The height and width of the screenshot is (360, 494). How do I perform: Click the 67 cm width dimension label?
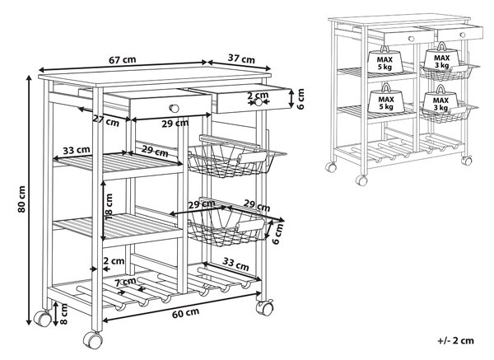point(123,59)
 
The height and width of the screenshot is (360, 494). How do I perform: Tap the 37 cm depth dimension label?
point(241,58)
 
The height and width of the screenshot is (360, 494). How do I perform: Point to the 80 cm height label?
point(21,199)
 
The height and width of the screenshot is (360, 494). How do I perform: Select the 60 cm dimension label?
point(185,313)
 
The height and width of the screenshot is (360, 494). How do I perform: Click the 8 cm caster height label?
point(63,314)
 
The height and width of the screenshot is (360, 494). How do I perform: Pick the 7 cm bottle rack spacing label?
point(125,282)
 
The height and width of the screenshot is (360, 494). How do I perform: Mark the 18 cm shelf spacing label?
point(109,207)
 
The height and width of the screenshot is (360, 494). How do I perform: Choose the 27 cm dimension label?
point(106,119)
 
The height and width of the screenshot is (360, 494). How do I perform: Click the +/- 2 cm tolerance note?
point(455,340)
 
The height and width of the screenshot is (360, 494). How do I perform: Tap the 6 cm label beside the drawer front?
point(301,99)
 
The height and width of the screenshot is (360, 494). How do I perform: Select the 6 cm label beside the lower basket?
point(277,234)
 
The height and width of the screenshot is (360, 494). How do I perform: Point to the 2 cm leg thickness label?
point(114,261)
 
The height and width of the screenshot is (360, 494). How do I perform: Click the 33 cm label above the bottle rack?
point(236,264)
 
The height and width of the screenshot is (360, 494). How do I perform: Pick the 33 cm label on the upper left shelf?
point(77,150)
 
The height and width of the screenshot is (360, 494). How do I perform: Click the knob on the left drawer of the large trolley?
point(174,109)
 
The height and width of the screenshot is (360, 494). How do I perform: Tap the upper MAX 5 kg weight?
point(385,60)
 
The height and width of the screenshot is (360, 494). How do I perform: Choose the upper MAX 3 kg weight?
point(441,57)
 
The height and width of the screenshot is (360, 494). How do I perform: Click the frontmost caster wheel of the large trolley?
point(93,340)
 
